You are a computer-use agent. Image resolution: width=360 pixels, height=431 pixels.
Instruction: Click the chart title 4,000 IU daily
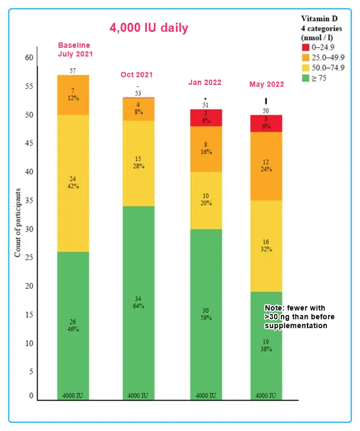coord(148,28)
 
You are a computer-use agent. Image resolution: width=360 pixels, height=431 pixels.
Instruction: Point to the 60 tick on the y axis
coord(29,58)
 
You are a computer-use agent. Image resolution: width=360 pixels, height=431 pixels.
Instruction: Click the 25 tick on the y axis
coord(29,257)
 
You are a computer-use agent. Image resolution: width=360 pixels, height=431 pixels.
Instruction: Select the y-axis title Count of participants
coord(17,221)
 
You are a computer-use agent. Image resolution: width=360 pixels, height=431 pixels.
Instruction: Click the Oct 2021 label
coord(137,75)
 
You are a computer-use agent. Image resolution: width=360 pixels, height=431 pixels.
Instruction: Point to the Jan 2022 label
coord(205,82)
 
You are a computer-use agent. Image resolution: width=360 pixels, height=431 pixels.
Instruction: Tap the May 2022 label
coord(267,84)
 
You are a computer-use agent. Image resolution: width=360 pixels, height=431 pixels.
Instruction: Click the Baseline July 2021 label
coord(74,49)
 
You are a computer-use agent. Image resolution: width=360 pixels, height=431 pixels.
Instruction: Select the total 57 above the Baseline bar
coord(73,71)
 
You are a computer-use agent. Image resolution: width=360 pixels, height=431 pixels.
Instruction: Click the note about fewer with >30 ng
coord(299,317)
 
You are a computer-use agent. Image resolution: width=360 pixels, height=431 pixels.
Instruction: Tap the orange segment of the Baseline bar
coord(73,96)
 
